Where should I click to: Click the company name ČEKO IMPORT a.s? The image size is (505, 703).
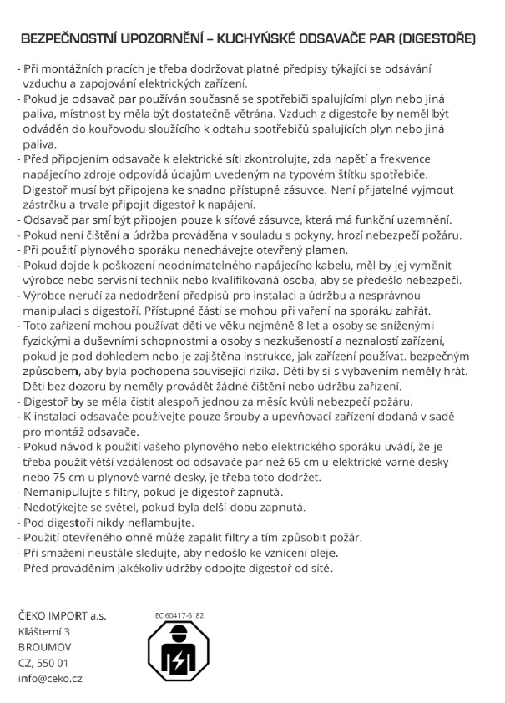(x=63, y=617)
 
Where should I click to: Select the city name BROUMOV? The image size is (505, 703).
(x=44, y=647)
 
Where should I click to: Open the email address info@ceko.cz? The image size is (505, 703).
(x=50, y=679)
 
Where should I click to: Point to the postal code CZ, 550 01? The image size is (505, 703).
(x=43, y=663)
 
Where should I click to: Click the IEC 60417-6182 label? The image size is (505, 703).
(x=179, y=616)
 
